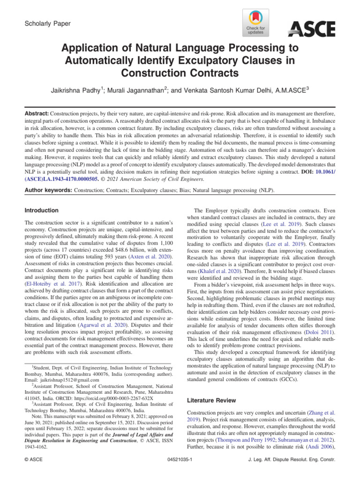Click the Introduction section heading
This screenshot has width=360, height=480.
pos(42,210)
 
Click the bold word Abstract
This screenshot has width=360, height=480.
pos(37,114)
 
